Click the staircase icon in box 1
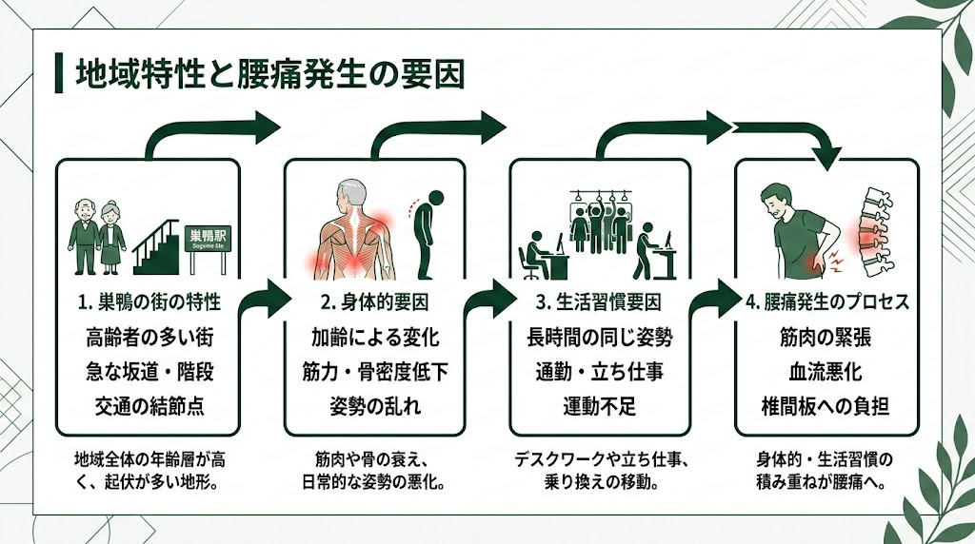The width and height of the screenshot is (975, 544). (158, 242)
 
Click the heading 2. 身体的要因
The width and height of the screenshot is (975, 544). (375, 304)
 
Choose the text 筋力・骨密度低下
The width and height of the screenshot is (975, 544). (375, 372)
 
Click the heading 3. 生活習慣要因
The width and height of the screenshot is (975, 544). (600, 304)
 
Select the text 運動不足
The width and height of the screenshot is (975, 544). (600, 406)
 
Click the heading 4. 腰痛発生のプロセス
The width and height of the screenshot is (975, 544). (826, 304)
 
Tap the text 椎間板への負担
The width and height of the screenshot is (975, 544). (826, 406)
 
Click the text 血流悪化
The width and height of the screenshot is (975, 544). (826, 372)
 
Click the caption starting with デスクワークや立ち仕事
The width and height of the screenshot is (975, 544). (600, 471)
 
